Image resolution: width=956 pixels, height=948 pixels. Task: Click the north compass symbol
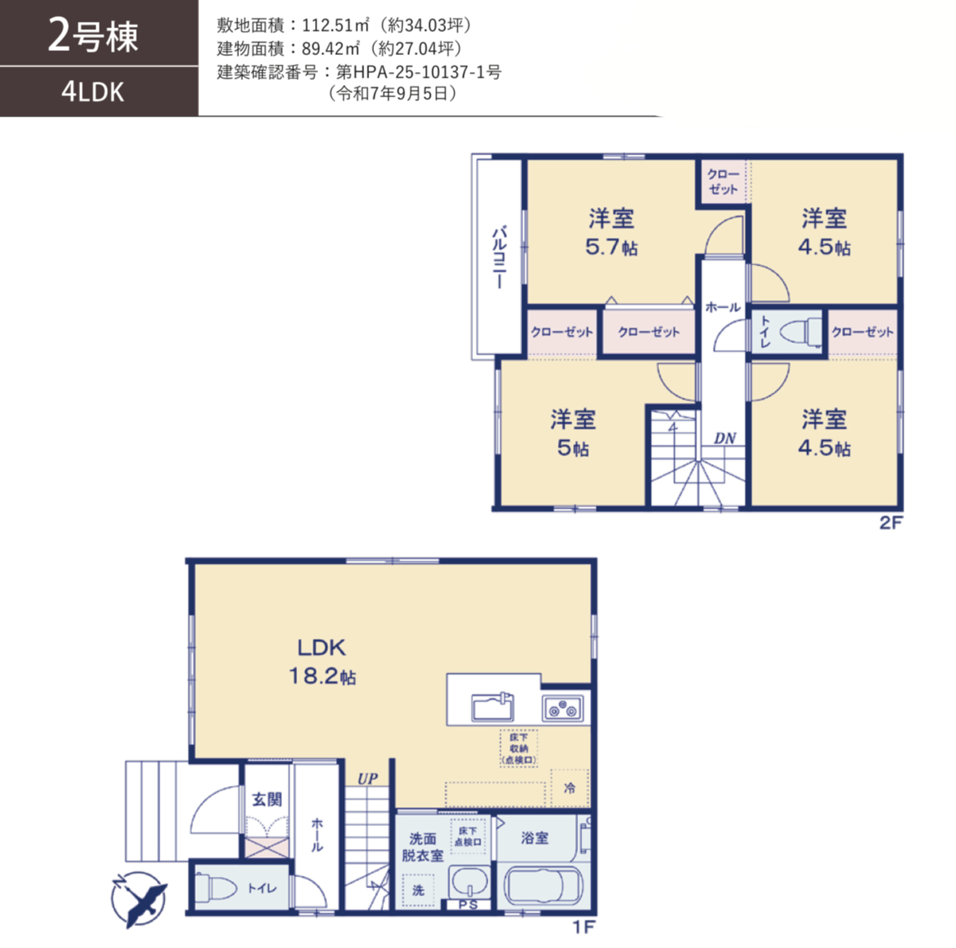139,899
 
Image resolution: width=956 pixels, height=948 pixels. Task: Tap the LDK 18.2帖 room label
322,662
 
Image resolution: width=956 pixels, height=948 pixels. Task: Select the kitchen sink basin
492,707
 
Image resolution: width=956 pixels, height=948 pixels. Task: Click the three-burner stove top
563,708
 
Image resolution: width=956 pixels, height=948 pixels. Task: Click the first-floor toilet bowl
216,887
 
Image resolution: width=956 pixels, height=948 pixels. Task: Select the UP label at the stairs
368,778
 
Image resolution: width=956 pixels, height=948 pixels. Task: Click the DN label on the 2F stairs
725,438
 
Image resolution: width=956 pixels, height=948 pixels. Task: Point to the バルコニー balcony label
499,256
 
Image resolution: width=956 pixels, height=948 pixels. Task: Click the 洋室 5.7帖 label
611,232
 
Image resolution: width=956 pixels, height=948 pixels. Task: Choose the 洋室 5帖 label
573,434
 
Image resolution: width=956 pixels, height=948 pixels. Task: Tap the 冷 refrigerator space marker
569,788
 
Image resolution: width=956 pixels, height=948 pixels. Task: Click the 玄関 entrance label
267,799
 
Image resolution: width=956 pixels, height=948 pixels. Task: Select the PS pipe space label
468,905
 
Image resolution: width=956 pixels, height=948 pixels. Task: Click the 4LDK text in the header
92,92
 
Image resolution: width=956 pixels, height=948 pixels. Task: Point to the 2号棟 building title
92,36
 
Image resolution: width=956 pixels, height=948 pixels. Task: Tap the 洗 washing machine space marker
418,890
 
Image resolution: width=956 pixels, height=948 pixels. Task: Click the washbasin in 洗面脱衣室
468,882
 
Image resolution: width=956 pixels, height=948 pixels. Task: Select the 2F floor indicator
890,523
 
